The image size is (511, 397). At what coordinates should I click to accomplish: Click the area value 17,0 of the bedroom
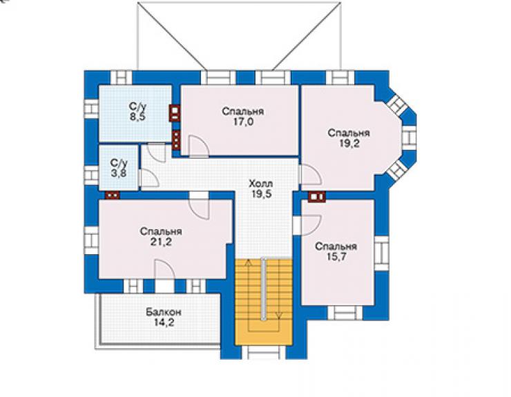pos(242,122)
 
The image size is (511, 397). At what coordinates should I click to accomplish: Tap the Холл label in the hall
pos(261,184)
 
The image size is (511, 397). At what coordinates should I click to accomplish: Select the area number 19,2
pos(349,144)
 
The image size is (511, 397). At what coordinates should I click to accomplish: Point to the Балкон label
pos(163,312)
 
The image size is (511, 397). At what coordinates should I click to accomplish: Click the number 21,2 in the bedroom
pos(161,242)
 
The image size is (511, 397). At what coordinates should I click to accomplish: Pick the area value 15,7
pos(336,257)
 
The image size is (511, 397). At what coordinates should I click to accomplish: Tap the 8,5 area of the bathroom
pos(137,117)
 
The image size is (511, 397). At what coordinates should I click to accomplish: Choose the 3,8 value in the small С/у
pos(119,173)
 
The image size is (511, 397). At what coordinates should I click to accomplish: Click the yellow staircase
pos(263,302)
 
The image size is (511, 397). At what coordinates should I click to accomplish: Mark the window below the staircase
pos(263,352)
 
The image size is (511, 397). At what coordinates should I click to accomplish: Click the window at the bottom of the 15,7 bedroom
pos(345,313)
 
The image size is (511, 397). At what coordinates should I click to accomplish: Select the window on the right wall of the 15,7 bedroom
pos(382,253)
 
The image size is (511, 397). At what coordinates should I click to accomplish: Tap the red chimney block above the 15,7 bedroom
pos(317,197)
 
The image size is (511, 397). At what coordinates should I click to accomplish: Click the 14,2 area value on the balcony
pos(164,323)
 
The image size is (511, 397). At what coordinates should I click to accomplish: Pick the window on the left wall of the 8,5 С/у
pos(91,108)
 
